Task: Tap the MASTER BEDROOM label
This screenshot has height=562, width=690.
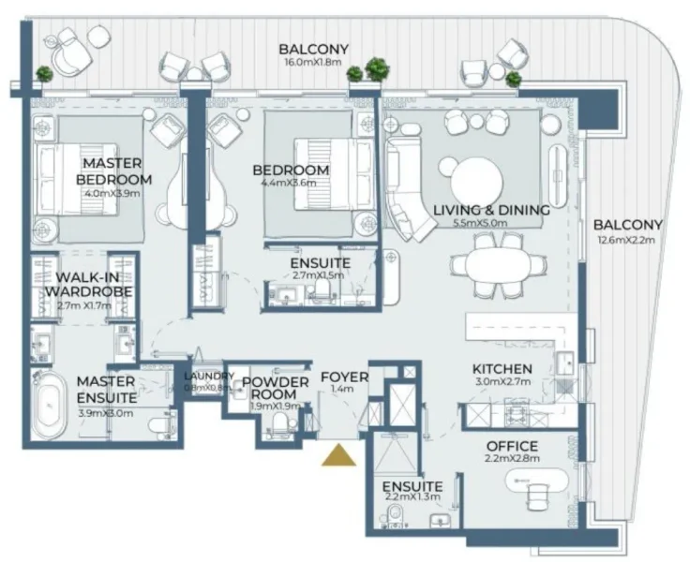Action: point(112,171)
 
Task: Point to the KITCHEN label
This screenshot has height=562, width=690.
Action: point(502,369)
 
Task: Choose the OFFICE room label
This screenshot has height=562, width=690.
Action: point(512,446)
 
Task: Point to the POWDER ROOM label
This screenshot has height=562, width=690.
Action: point(275,388)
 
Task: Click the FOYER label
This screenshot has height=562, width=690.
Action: point(343,377)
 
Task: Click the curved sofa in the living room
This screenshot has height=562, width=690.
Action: point(404,192)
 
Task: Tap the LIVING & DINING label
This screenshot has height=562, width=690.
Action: point(491,210)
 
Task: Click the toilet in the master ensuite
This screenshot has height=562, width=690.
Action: point(161,426)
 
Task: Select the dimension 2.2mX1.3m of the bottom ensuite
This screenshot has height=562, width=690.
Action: point(412,497)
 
